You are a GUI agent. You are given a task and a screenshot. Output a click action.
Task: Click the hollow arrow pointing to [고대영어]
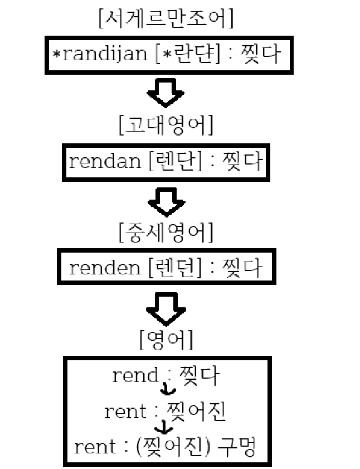point(166,92)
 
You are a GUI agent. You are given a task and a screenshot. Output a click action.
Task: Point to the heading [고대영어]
point(166,125)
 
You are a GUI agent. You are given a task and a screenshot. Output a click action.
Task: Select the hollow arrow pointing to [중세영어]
point(166,201)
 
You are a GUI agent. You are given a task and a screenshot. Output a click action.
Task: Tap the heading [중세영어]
point(166,232)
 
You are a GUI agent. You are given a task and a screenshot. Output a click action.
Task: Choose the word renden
point(105,268)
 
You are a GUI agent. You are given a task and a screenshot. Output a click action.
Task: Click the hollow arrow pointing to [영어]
point(166,308)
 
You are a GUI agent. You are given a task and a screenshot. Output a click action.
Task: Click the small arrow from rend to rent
point(166,390)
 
